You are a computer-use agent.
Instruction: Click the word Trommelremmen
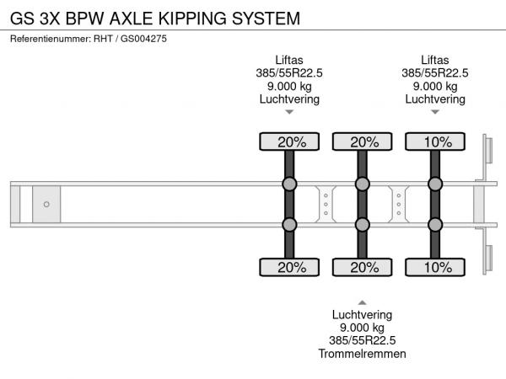(x=362, y=354)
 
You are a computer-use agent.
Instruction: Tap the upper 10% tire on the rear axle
(x=435, y=141)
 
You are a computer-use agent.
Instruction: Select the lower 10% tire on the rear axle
(x=435, y=268)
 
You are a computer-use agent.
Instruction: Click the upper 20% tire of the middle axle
(x=362, y=141)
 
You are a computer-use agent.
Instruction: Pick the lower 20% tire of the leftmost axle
(x=289, y=268)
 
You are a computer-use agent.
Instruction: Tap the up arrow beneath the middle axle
(x=362, y=302)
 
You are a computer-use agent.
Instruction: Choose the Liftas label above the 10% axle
(x=435, y=60)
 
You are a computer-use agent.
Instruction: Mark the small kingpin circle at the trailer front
(x=46, y=205)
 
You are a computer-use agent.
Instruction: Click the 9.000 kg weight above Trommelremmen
(x=362, y=328)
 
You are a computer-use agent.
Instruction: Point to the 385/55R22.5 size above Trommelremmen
(x=362, y=340)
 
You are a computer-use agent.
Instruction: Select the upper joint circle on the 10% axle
(x=435, y=184)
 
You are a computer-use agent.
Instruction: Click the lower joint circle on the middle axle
(x=362, y=225)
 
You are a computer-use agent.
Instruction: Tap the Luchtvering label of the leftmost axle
(x=289, y=99)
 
